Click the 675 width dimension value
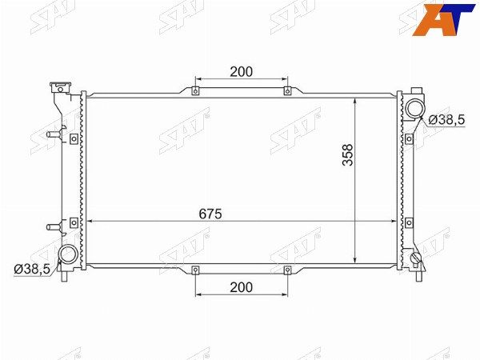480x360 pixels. [210, 214]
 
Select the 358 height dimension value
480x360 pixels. [348, 155]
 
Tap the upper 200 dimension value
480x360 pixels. [242, 72]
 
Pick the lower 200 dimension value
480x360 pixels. [242, 287]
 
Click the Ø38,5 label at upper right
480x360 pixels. [446, 119]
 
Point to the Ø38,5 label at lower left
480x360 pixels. [32, 269]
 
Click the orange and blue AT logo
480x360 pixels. [443, 19]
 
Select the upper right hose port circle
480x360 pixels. [415, 107]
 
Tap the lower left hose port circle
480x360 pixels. [68, 254]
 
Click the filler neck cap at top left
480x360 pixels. [60, 87]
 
